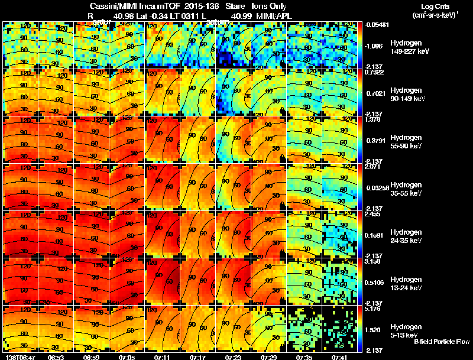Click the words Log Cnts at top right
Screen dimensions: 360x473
[435, 5]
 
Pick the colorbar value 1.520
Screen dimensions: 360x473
[374, 330]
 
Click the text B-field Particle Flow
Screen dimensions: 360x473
[442, 342]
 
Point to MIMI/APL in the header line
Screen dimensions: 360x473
[272, 15]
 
